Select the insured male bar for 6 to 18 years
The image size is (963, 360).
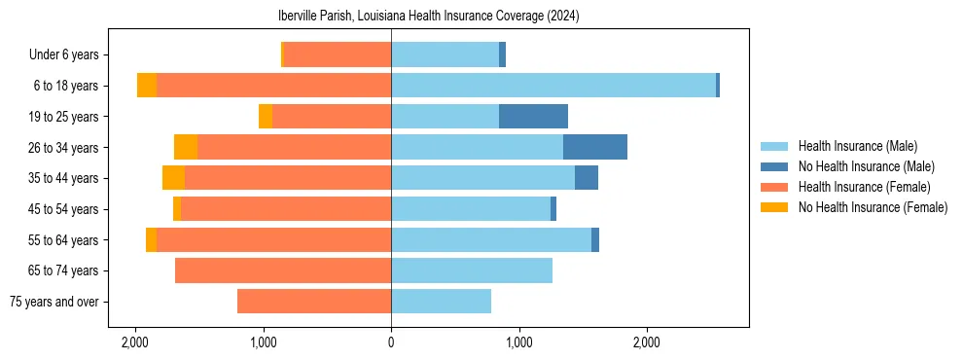pyautogui.click(x=553, y=86)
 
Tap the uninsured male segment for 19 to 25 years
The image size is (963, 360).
pyautogui.click(x=533, y=117)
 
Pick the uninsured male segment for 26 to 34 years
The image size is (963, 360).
pyautogui.click(x=594, y=147)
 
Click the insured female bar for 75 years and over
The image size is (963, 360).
pyautogui.click(x=314, y=302)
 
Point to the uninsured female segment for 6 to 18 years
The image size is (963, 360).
pyautogui.click(x=147, y=86)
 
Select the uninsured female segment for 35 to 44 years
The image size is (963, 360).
pyautogui.click(x=173, y=178)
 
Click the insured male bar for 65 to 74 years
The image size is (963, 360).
pyautogui.click(x=472, y=270)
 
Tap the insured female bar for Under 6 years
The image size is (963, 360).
pyautogui.click(x=338, y=54)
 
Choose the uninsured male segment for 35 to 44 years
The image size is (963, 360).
pyautogui.click(x=587, y=178)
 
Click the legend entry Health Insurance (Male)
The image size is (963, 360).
pyautogui.click(x=857, y=146)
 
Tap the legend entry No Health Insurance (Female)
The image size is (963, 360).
pyautogui.click(x=873, y=207)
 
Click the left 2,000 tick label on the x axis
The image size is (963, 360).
pyautogui.click(x=135, y=342)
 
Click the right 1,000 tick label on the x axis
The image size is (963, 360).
pyautogui.click(x=519, y=342)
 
